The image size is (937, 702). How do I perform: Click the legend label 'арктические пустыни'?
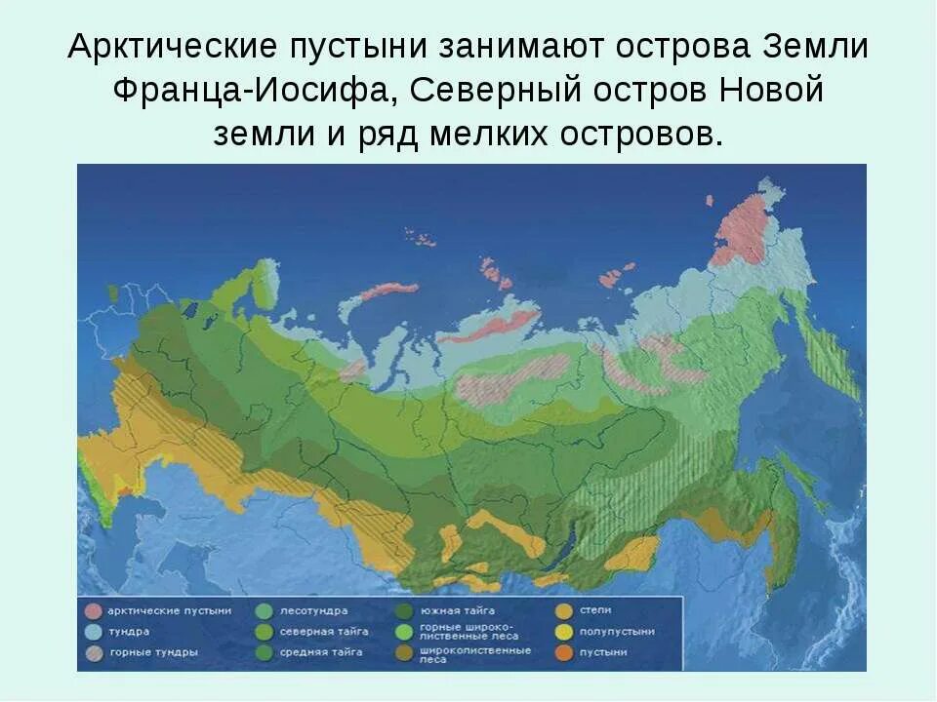click(x=170, y=610)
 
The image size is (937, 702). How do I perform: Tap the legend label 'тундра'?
click(x=129, y=631)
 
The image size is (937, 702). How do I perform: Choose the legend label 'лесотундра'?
click(x=312, y=610)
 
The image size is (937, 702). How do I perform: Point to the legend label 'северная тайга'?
click(x=325, y=631)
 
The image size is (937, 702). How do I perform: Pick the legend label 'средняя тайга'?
click(x=322, y=651)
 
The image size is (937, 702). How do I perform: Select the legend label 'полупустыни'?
click(x=616, y=631)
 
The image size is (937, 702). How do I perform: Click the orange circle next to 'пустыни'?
click(x=563, y=651)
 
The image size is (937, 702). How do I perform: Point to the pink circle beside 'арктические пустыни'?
click(x=93, y=611)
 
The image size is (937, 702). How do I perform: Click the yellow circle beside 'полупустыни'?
click(x=563, y=631)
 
